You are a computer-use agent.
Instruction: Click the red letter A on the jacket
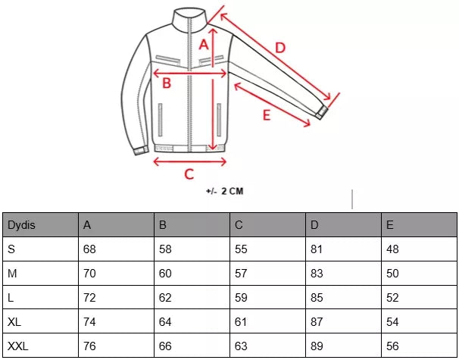point(204,45)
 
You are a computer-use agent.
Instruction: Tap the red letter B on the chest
point(167,83)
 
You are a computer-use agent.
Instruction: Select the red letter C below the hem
point(189,174)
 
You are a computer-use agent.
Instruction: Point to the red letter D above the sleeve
point(280,48)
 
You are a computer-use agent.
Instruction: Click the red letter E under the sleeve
point(267,115)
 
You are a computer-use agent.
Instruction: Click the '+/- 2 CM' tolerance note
point(224,191)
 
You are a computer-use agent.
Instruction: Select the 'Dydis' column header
point(21,225)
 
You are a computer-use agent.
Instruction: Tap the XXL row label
point(18,346)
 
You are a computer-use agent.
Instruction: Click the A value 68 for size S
point(89,249)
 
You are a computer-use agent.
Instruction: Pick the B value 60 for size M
point(165,274)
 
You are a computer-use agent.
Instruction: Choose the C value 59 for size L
point(241,298)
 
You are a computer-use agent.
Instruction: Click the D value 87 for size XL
point(317,322)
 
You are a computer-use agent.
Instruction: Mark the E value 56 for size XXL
point(392,346)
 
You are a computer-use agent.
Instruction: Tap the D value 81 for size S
point(317,249)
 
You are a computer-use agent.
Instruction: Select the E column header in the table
point(389,225)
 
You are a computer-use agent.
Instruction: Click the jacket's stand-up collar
point(189,18)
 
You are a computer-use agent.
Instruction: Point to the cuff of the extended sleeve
point(321,112)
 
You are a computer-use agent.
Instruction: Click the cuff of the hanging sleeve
point(141,150)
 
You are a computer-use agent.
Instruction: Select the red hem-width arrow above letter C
point(190,161)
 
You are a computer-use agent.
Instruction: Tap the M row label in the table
point(12,274)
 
